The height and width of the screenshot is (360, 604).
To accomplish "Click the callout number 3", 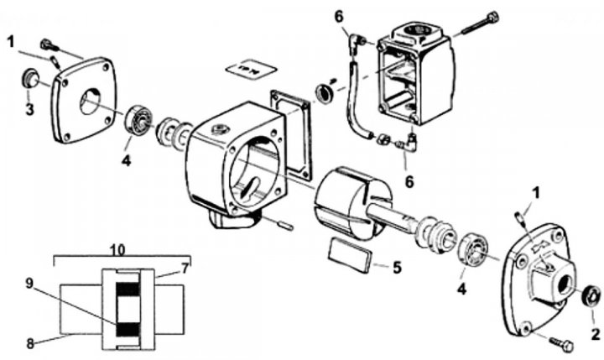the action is (29, 109).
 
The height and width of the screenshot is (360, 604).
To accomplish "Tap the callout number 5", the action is (397, 267).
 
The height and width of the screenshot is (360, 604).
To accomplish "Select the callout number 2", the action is (595, 334).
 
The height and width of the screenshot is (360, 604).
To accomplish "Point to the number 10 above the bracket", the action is (118, 251).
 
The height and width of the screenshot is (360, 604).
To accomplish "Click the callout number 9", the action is (29, 284).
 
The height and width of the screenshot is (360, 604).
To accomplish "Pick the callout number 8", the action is (30, 344).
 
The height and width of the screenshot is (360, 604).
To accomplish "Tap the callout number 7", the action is (185, 269).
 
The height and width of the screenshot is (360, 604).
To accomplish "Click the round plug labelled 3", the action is (29, 80).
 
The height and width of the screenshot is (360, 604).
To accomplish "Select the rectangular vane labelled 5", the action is (349, 255).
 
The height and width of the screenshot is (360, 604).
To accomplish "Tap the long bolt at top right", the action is (476, 26).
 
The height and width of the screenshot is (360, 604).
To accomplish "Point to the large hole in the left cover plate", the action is (90, 102).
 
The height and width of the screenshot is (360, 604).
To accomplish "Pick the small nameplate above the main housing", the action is (251, 70).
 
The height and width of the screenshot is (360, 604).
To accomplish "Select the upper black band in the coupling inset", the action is (128, 289).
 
